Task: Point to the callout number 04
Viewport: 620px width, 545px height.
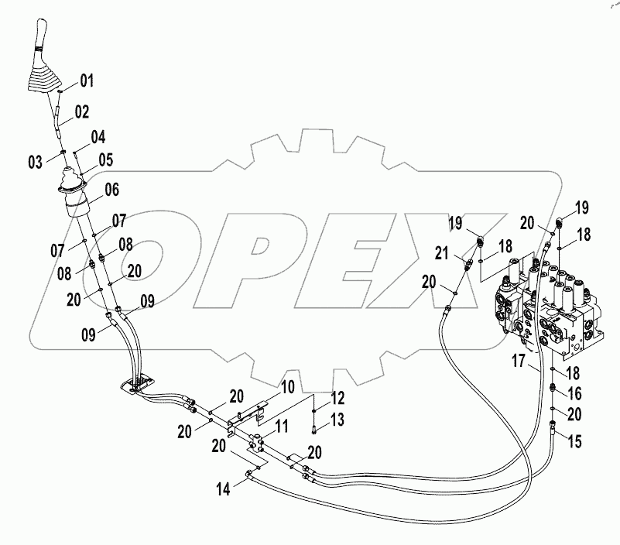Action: (98, 138)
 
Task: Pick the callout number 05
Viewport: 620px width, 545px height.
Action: (104, 161)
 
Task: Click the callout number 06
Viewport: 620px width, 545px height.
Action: (111, 188)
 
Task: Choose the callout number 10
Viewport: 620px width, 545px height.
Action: (287, 386)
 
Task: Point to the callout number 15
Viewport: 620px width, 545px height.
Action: (575, 441)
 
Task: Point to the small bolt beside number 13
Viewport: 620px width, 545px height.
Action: (314, 424)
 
